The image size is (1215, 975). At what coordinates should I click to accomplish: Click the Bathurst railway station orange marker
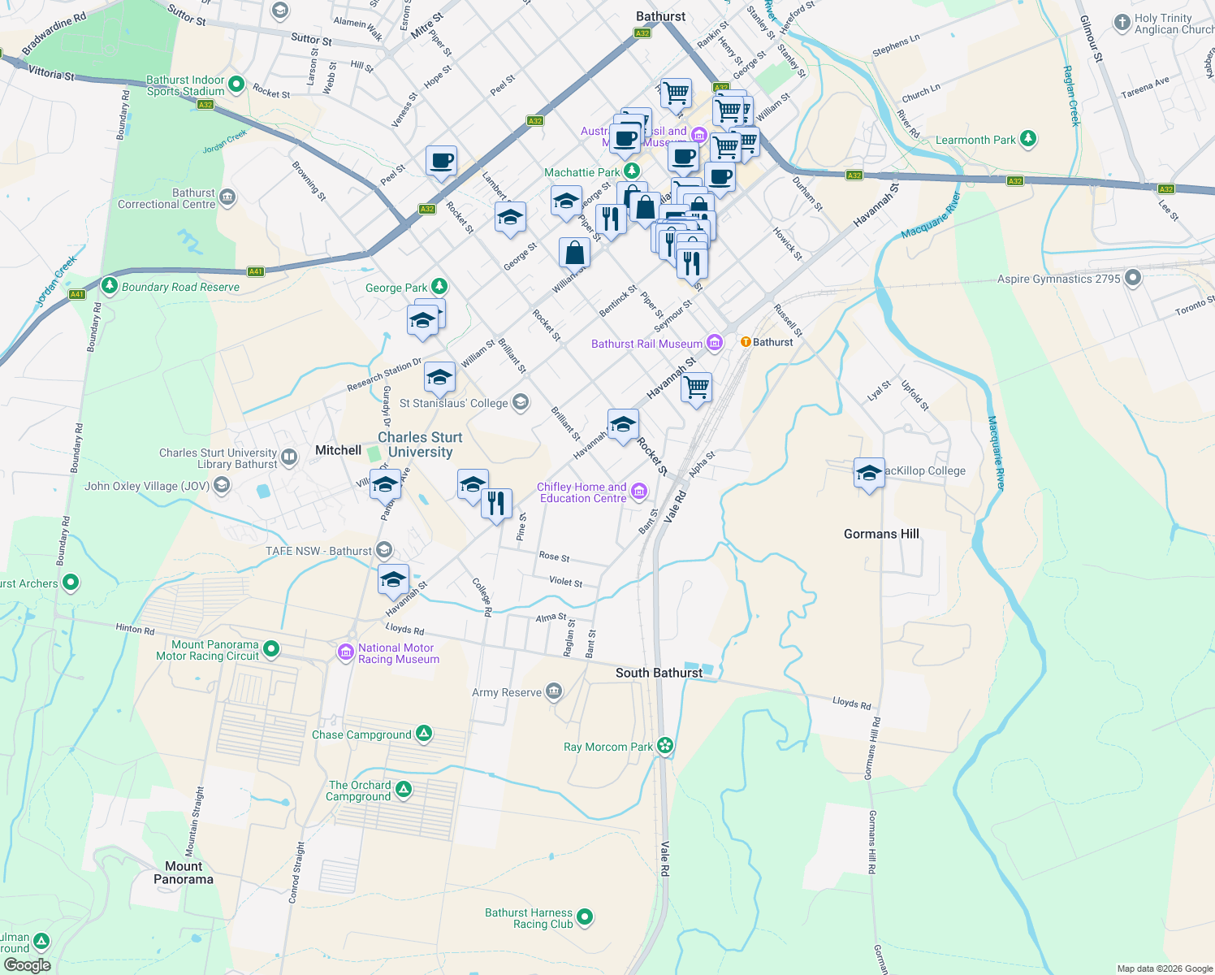pos(746,342)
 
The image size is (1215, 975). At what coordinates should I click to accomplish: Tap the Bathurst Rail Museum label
pos(646,344)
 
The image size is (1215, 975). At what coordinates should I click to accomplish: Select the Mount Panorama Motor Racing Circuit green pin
pos(272,649)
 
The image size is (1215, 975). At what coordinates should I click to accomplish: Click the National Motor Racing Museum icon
pos(345,652)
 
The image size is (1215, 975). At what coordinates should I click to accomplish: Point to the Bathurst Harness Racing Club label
pos(529,918)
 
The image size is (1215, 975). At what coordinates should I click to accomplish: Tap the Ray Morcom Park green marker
pos(665,745)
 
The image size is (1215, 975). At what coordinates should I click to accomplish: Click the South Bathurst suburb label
pos(659,673)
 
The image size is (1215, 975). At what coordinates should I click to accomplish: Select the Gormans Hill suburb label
pos(881,534)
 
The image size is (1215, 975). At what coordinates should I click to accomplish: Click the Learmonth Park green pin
pos(1028,139)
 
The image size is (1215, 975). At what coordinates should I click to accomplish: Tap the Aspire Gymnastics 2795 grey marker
pos(1133,279)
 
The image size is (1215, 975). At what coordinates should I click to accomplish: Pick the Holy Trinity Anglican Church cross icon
pos(1122,23)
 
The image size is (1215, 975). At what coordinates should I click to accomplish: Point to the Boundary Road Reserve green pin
pos(110,285)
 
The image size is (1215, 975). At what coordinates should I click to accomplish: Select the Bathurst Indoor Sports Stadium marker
pos(236,84)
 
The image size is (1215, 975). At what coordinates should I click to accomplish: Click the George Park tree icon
pos(439,286)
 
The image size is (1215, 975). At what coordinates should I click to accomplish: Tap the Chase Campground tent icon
pos(424,734)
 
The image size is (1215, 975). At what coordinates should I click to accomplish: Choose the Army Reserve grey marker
pos(554,691)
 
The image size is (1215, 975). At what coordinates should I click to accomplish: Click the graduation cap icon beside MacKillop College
pos(868,473)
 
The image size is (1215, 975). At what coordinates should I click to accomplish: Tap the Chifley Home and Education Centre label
pos(582,492)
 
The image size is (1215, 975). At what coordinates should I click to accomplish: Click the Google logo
pos(27,965)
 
